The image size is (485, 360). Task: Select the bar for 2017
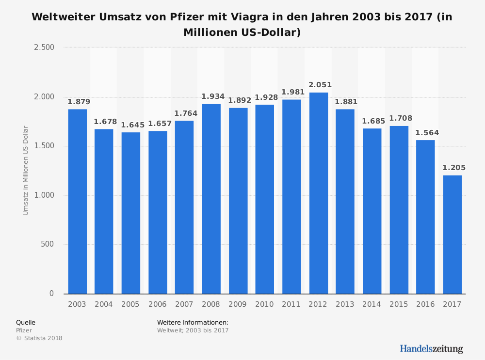[x=452, y=235]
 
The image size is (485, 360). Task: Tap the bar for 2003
[x=77, y=201]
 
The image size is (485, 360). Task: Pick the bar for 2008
[x=211, y=199]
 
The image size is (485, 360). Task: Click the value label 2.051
[x=320, y=85]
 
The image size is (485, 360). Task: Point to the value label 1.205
[x=453, y=168]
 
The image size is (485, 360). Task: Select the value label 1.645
[x=132, y=125]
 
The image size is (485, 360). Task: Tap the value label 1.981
[x=293, y=92]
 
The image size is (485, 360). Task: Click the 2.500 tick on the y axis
[x=44, y=47]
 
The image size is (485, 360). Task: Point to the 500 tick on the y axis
[x=48, y=245]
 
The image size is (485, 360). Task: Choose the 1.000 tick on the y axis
[x=44, y=195]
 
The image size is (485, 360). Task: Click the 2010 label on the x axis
[x=264, y=304]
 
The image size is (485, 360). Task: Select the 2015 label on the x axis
[x=398, y=304]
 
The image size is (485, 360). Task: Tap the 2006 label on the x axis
[x=157, y=304]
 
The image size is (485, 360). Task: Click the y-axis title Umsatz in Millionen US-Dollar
[x=26, y=171]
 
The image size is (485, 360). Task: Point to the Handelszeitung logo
[x=431, y=349]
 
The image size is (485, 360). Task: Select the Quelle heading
[x=26, y=323]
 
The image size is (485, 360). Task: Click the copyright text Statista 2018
[x=39, y=338]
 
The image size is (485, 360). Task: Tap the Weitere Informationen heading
[x=193, y=323]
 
